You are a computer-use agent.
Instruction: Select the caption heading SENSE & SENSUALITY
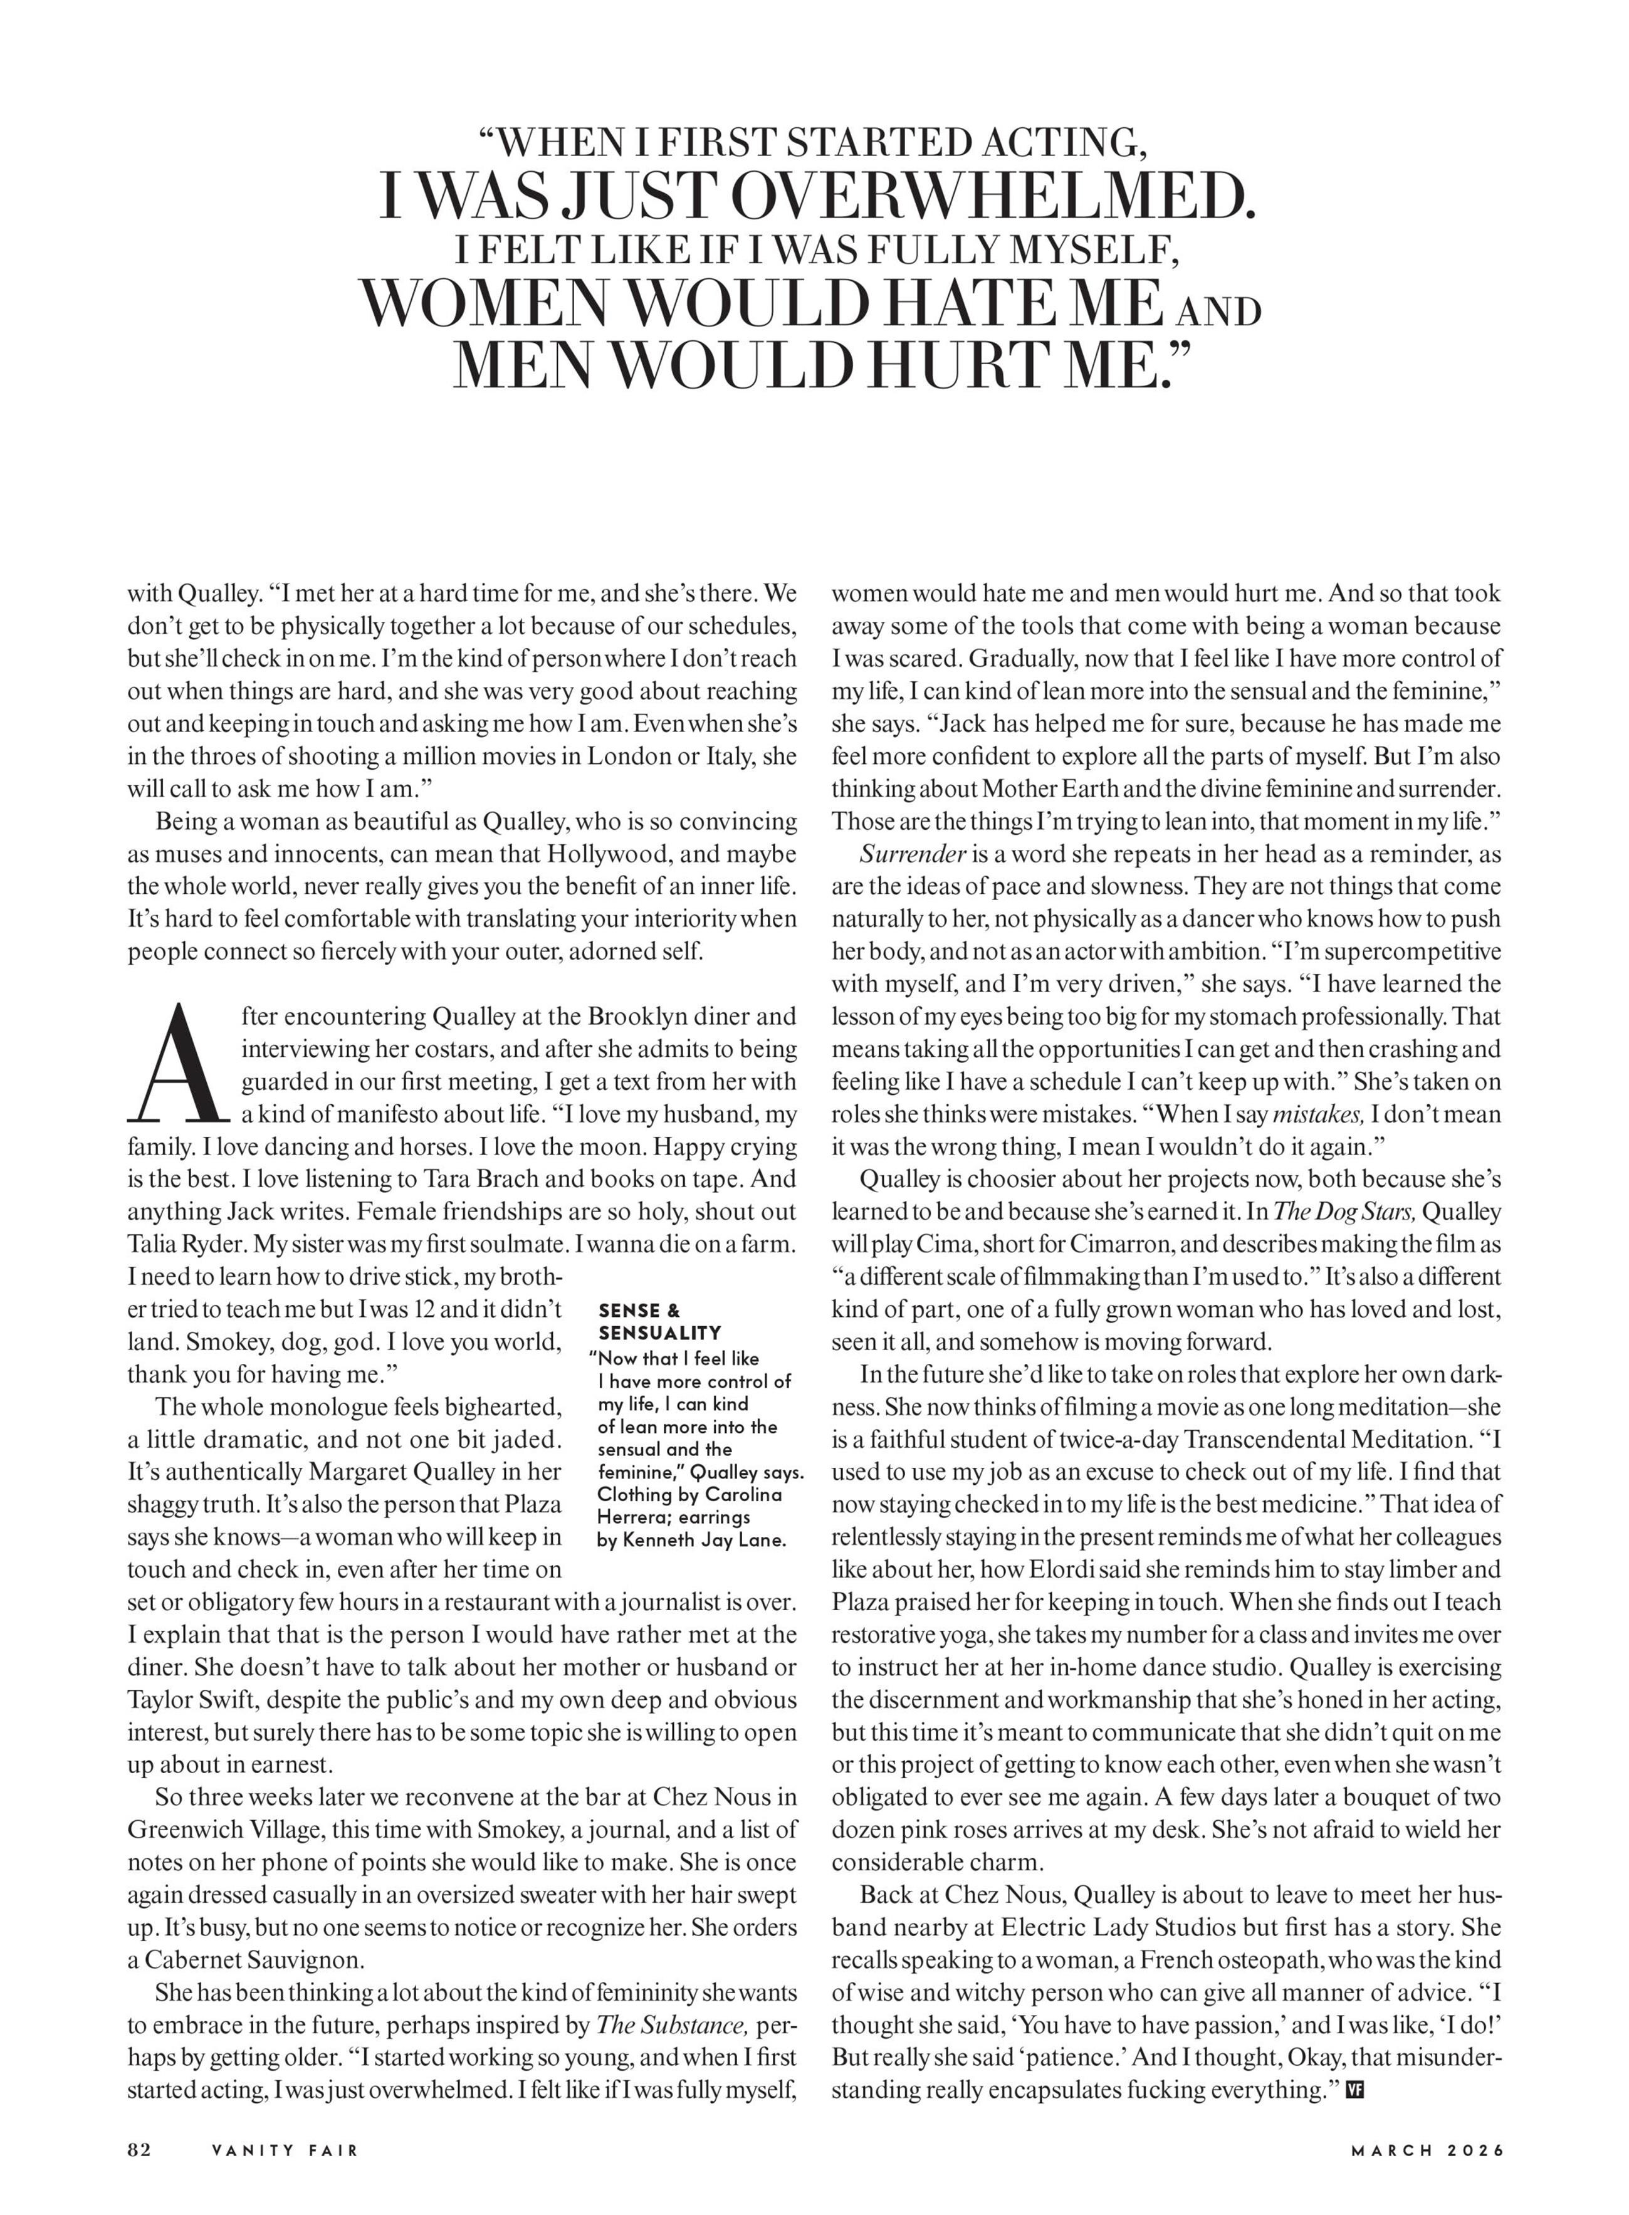(659, 1321)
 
